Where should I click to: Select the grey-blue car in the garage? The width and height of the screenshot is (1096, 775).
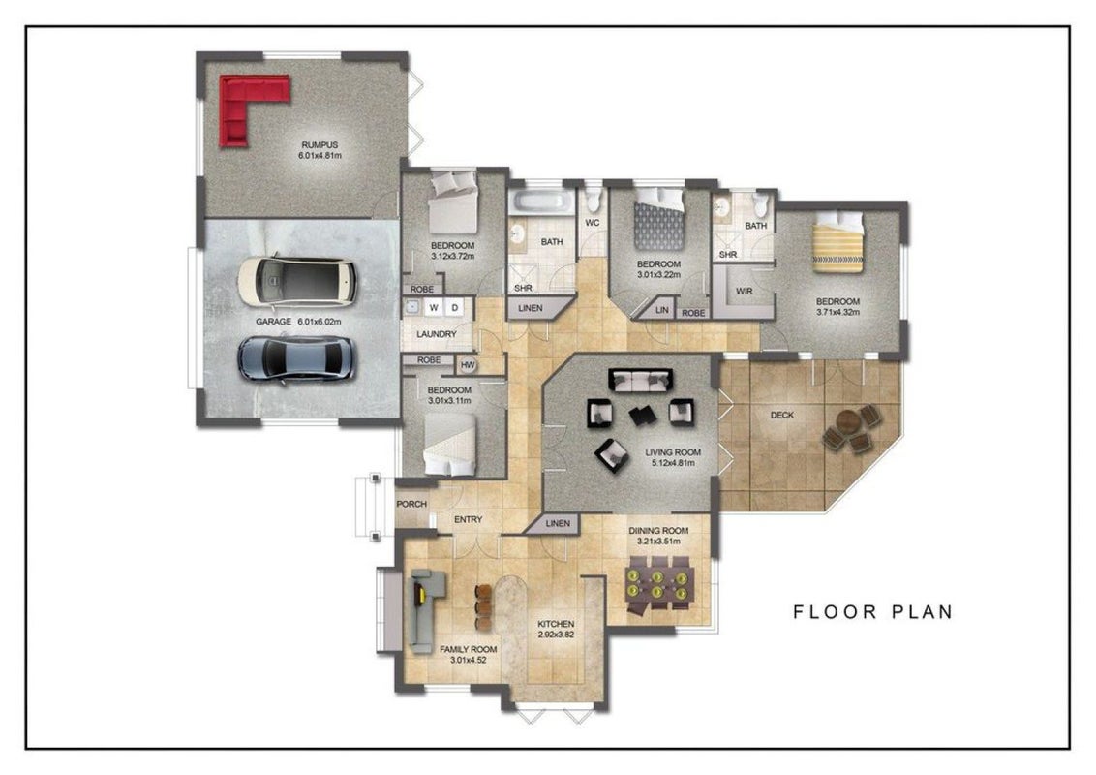296,358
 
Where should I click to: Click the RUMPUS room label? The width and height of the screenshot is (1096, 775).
320,145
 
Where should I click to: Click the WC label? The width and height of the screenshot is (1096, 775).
592,223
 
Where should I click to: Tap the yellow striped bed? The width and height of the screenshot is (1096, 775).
838,242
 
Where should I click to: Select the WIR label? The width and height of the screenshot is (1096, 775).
745,291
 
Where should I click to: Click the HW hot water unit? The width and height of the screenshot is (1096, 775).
468,365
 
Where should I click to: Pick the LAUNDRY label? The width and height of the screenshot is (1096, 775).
436,334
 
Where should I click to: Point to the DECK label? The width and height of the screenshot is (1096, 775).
782,415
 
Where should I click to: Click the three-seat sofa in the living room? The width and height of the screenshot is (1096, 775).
641,380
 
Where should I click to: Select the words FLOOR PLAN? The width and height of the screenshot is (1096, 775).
873,612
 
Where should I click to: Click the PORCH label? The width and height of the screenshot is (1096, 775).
411,504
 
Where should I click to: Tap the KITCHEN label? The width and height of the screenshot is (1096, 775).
556,624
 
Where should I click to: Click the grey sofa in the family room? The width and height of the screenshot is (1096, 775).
424,610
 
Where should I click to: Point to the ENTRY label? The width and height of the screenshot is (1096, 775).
469,519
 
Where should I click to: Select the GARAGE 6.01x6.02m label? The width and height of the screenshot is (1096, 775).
298,322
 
